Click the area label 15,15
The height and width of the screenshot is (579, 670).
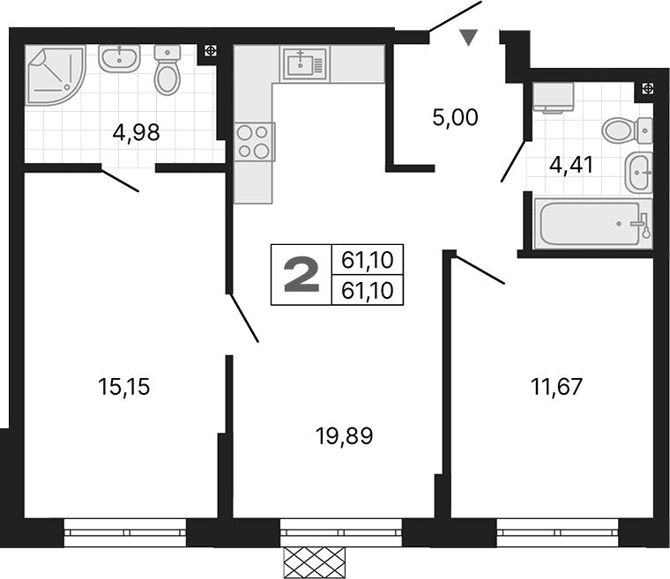124,386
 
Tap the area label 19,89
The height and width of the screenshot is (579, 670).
344,434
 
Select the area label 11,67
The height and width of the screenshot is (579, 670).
556,386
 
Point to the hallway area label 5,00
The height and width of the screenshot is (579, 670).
455,117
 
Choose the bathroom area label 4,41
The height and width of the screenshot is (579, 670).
572,164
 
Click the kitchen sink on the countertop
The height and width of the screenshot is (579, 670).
303,63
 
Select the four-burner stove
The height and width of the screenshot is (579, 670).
254,141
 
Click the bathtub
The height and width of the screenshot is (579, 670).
592,224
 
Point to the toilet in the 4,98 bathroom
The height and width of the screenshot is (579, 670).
167,71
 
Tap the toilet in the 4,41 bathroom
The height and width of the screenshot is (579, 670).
628,132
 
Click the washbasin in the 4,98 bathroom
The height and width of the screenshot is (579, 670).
117,59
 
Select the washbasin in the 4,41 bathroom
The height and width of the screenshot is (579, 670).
638,172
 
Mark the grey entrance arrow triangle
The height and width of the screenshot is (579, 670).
469,36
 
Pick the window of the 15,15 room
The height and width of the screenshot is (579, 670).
124,532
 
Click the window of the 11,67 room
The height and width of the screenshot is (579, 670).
557,532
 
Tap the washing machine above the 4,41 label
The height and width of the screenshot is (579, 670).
554,97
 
